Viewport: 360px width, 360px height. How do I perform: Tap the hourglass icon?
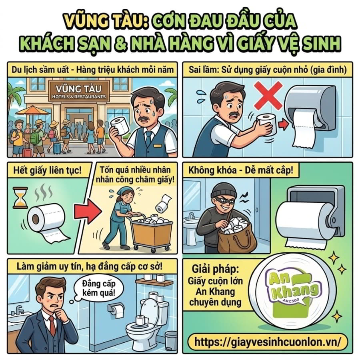click(x=20, y=198)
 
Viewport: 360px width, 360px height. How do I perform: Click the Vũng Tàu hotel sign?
click(x=79, y=91)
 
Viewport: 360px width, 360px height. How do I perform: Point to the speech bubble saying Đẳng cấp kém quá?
click(x=99, y=288)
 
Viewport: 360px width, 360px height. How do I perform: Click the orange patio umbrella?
click(x=33, y=110)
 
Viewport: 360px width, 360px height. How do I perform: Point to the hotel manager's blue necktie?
click(x=148, y=138)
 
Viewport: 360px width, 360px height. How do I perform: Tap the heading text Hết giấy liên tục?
click(x=47, y=170)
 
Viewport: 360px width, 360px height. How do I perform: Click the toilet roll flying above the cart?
click(x=163, y=204)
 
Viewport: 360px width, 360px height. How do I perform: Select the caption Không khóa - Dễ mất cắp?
click(x=241, y=170)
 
